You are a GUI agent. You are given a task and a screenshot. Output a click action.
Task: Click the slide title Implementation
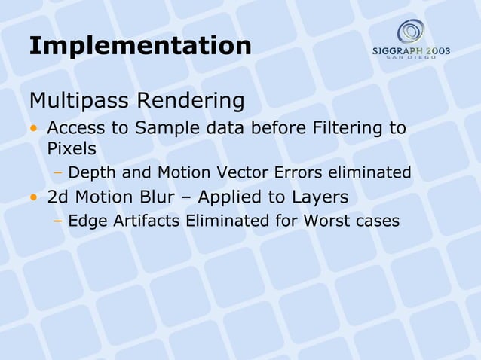click(x=139, y=46)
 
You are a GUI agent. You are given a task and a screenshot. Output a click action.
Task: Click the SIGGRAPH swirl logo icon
click(x=412, y=32)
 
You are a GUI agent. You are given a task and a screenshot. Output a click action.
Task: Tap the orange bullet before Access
click(x=34, y=128)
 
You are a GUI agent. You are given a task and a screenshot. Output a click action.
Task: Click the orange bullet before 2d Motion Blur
click(x=34, y=198)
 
